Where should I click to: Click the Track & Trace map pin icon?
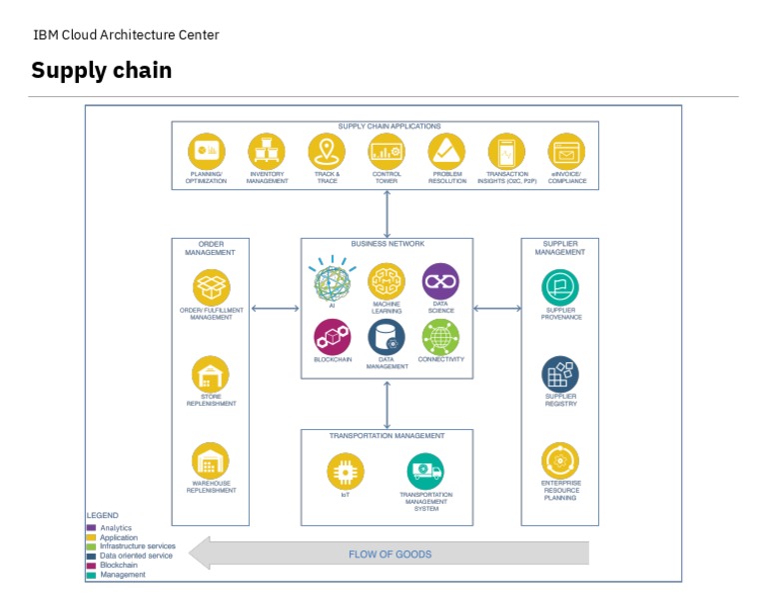click(x=327, y=152)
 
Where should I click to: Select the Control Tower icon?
click(x=386, y=152)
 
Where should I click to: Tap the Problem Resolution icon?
click(x=446, y=152)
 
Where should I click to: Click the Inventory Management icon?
click(x=267, y=152)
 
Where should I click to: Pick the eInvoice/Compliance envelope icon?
click(x=567, y=152)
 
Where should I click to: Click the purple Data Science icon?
click(x=440, y=282)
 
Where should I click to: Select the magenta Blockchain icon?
click(x=333, y=337)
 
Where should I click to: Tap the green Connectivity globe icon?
click(x=440, y=337)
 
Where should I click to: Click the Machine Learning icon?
click(x=386, y=282)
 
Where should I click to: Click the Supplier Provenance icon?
click(x=560, y=289)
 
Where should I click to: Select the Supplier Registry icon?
click(x=560, y=374)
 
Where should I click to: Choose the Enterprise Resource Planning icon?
click(x=560, y=461)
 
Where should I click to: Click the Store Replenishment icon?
click(x=211, y=375)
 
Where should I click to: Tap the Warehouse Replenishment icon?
click(x=211, y=461)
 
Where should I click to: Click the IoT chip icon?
click(x=346, y=472)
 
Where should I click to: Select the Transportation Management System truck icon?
click(x=425, y=471)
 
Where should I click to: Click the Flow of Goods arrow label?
click(x=390, y=554)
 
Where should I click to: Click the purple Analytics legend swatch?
click(x=92, y=528)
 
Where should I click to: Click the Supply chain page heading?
click(x=101, y=70)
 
